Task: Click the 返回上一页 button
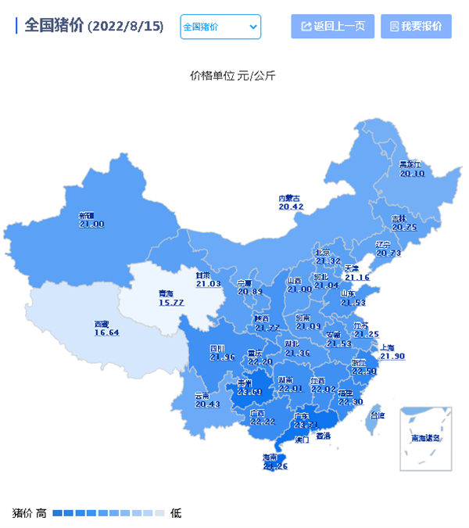pos(332,27)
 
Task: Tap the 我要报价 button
pos(416,27)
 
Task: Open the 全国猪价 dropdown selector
pos(220,27)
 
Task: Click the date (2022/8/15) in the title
pos(126,26)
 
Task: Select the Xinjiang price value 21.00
pos(91,224)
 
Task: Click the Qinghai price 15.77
pos(171,303)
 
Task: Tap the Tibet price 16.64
pos(107,332)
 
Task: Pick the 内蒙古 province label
pos(290,198)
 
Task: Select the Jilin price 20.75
pos(403,228)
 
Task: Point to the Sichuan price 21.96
pos(223,357)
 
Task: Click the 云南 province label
pos(202,396)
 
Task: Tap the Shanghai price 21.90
pos(392,356)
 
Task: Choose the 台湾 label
pos(378,415)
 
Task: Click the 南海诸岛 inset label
pos(426,438)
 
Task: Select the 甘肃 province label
pos(203,275)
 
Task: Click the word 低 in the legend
pos(176,513)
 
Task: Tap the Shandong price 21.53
pos(353,303)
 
